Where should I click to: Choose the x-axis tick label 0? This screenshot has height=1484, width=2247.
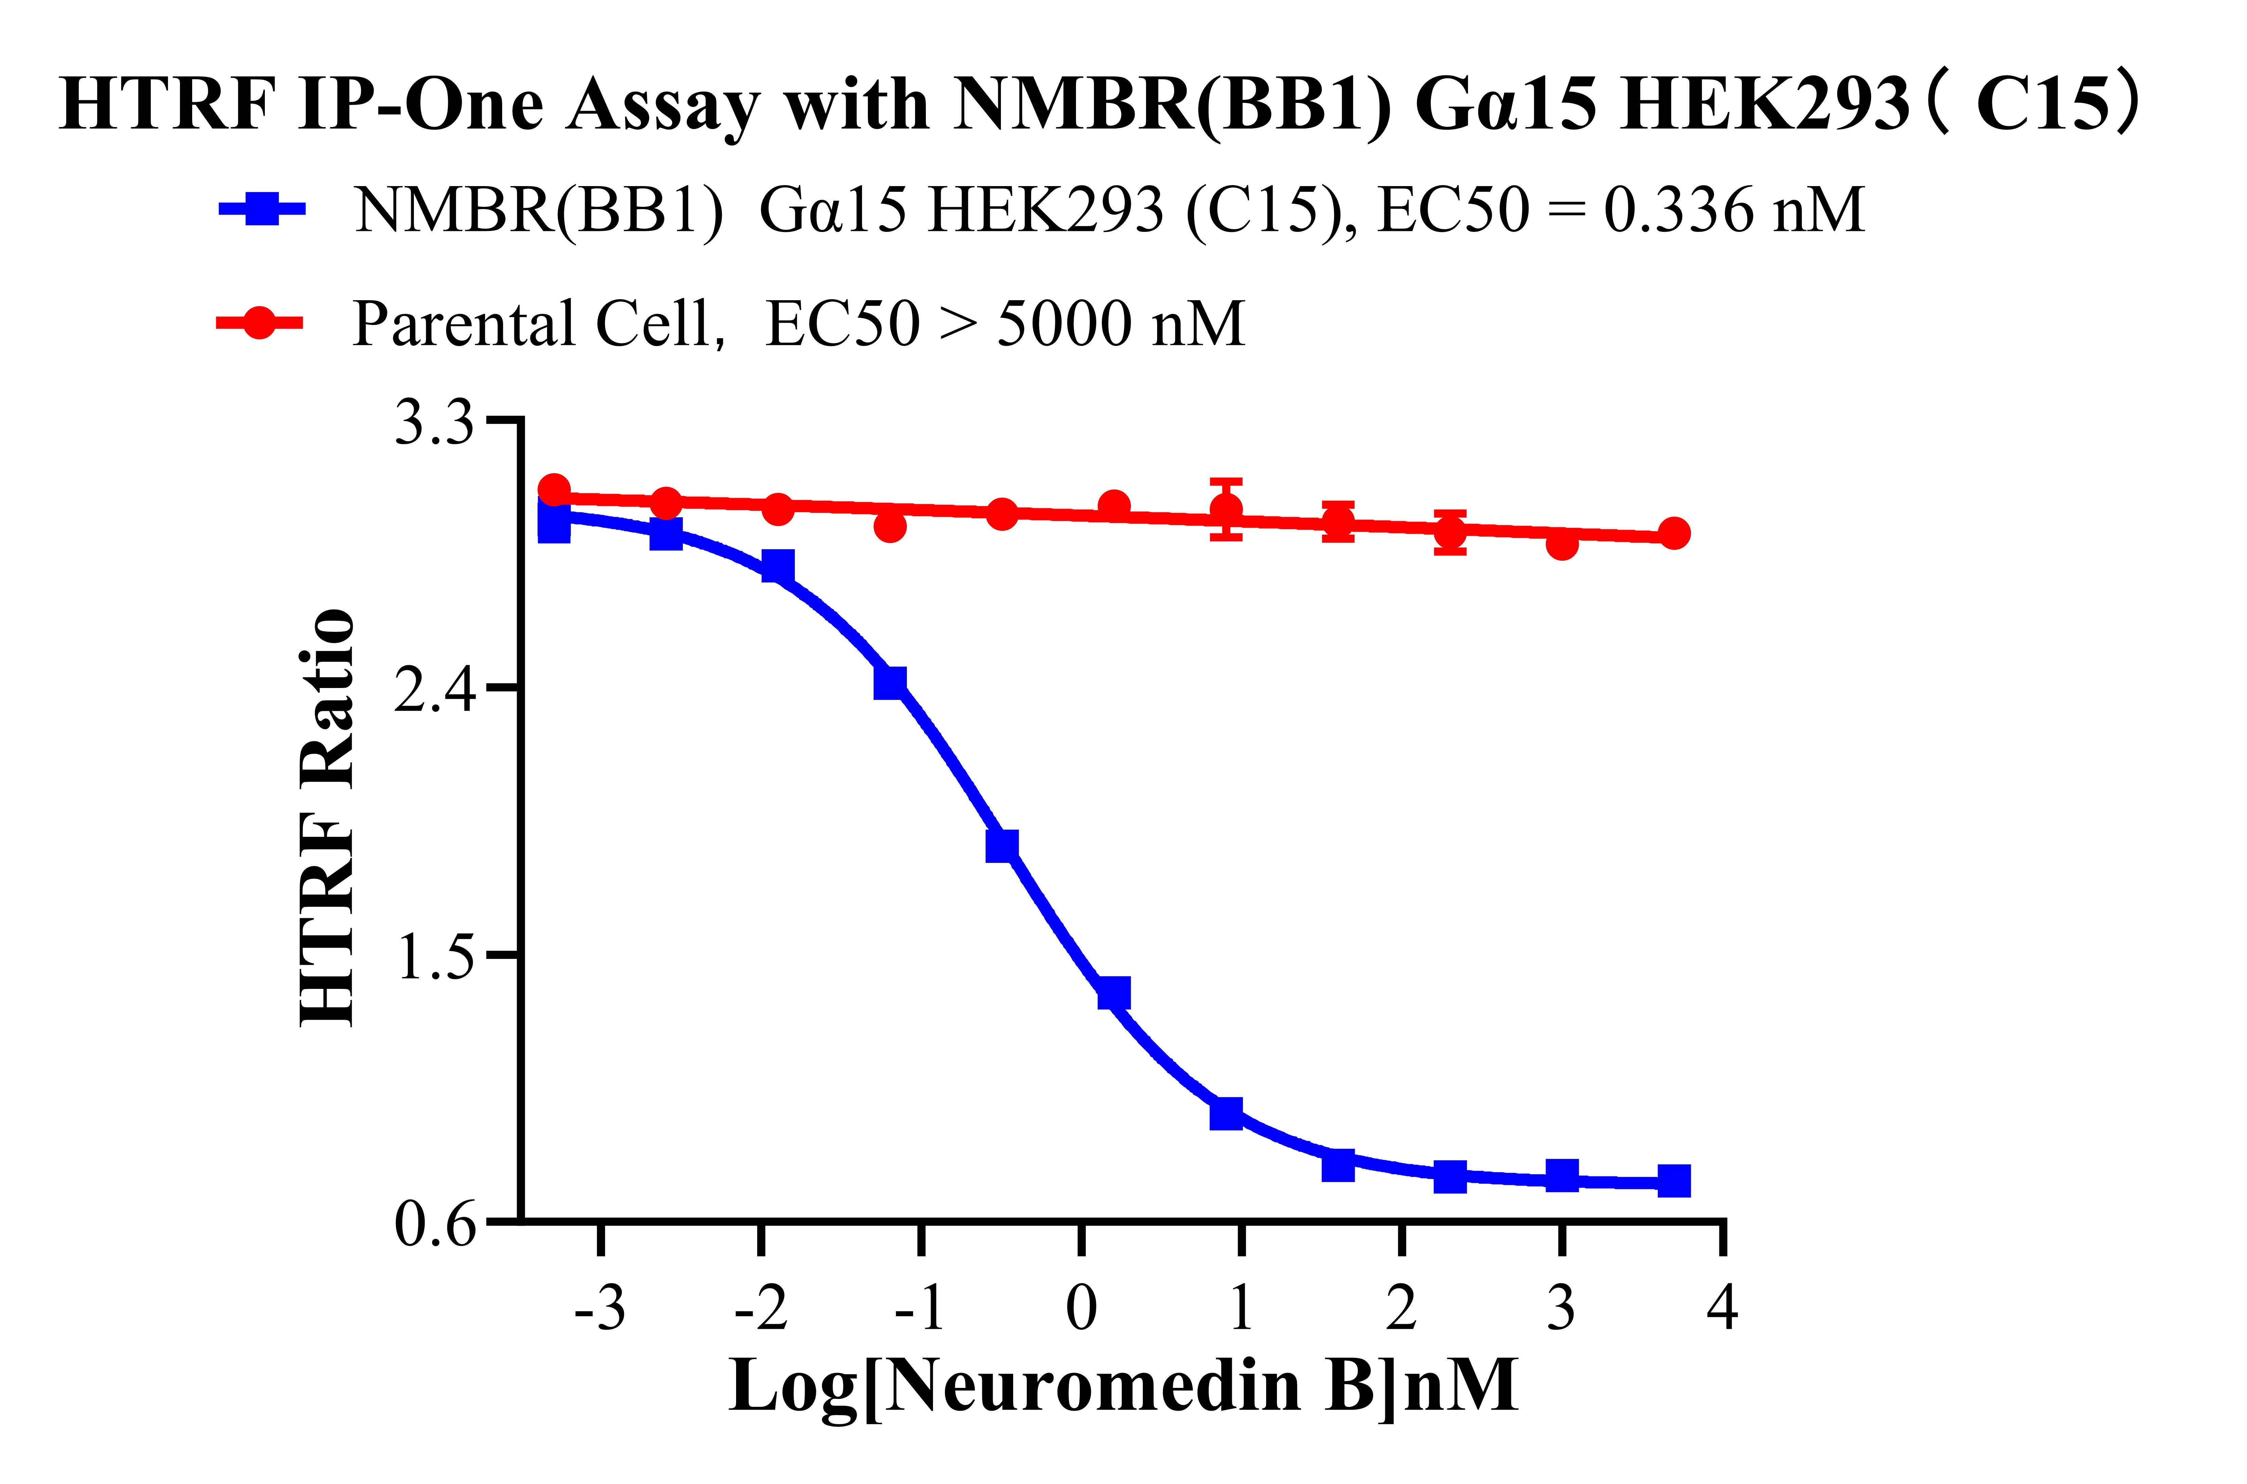(x=1081, y=1309)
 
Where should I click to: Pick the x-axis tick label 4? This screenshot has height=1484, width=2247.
(x=1722, y=1309)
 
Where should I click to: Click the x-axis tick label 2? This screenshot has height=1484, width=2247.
(x=1401, y=1309)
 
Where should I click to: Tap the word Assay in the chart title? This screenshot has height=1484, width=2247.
(x=662, y=104)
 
